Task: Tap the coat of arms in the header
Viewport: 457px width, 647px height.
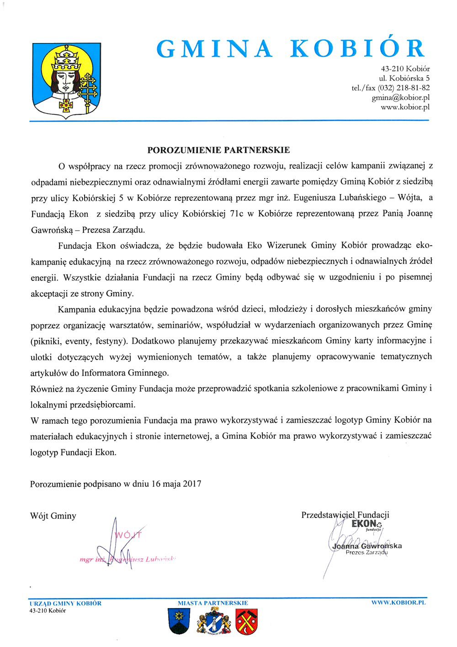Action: [x=67, y=81]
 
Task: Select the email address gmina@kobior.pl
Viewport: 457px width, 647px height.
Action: [x=400, y=97]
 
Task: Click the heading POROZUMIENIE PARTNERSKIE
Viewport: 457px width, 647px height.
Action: [x=218, y=150]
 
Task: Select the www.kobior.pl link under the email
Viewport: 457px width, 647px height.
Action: [x=405, y=108]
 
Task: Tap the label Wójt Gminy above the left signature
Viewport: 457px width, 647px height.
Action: [x=53, y=516]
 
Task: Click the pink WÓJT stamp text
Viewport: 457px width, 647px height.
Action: [x=128, y=535]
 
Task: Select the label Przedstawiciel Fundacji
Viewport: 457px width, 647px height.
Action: [x=345, y=515]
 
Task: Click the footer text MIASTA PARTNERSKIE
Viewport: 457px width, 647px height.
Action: [x=213, y=603]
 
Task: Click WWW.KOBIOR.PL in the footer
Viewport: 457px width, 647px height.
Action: [x=399, y=603]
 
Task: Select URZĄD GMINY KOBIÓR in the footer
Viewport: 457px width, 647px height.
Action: [x=65, y=603]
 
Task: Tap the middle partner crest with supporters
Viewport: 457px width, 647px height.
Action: [x=213, y=622]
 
